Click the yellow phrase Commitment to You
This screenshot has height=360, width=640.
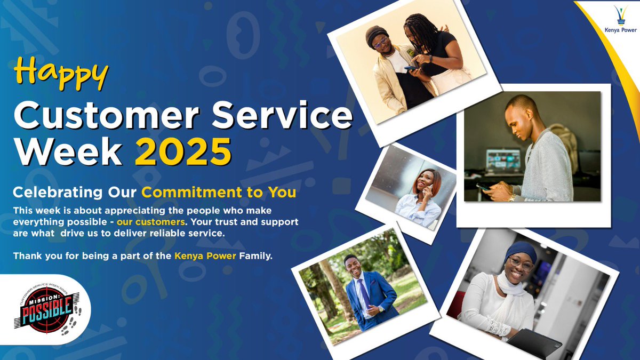(x=219, y=192)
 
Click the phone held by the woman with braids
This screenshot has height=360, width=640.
(x=410, y=68)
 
